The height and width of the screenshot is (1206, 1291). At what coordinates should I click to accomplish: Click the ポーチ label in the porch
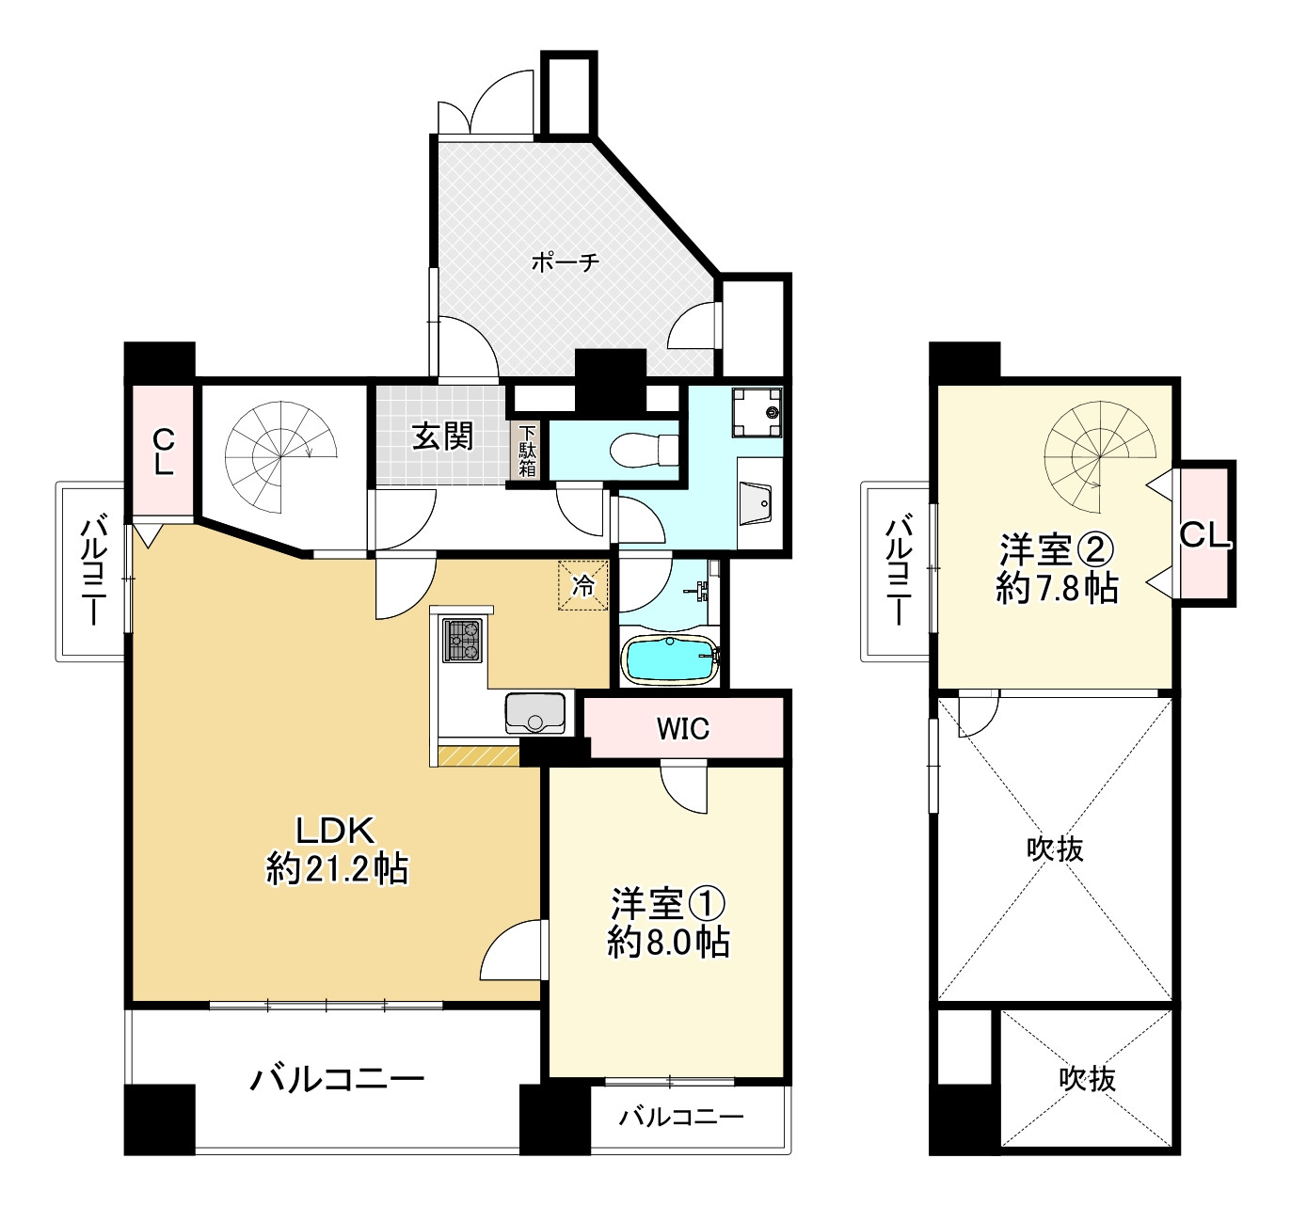point(565,262)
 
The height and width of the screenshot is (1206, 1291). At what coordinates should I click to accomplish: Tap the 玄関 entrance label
point(442,436)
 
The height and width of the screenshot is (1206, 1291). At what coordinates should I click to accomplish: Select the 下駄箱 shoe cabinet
point(527,451)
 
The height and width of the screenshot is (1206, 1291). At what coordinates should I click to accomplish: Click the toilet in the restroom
point(645,450)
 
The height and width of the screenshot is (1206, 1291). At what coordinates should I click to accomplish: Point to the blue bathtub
point(670,659)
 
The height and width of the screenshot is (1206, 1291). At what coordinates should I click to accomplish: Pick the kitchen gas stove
point(462,641)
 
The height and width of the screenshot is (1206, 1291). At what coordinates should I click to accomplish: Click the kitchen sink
point(535,713)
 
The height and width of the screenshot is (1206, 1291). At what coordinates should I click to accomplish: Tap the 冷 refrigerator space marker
point(582,586)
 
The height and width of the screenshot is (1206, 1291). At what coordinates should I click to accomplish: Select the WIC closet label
point(682,729)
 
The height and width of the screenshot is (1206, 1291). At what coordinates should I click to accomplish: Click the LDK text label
point(335,831)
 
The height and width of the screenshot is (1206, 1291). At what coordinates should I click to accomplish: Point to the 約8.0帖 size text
point(668,942)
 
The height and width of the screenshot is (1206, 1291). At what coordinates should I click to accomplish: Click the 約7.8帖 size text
point(1057,588)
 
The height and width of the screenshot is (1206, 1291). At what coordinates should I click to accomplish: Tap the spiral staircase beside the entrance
point(280,457)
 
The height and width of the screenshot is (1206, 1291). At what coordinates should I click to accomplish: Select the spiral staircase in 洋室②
point(1100,457)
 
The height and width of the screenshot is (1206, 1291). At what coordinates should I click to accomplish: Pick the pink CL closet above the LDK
point(163,452)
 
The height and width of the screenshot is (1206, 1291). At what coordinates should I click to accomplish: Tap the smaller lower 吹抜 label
point(1088,1079)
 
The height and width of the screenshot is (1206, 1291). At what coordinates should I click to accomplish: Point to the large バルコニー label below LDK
point(338,1079)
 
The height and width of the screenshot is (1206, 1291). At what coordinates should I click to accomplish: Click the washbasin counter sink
point(756,502)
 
